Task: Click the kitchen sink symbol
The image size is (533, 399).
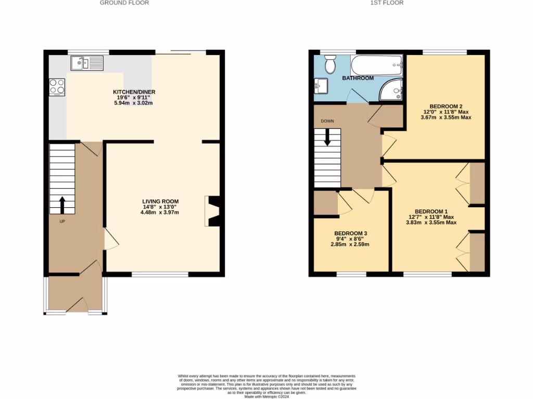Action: click(88, 63)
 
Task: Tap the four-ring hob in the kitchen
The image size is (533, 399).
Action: click(57, 87)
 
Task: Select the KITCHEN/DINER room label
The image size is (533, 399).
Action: click(134, 92)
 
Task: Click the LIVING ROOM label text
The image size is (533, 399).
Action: click(161, 202)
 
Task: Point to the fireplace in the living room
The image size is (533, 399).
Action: click(213, 211)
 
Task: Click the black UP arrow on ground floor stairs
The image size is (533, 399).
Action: click(62, 205)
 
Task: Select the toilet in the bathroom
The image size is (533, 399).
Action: click(330, 64)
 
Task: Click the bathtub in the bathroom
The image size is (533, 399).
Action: click(376, 66)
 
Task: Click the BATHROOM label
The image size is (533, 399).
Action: click(358, 78)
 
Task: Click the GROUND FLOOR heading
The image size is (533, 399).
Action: click(124, 3)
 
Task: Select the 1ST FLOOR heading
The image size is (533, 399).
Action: click(387, 3)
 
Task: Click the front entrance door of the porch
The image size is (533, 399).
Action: click(76, 305)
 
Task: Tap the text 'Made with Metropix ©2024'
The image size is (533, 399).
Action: click(266, 396)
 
